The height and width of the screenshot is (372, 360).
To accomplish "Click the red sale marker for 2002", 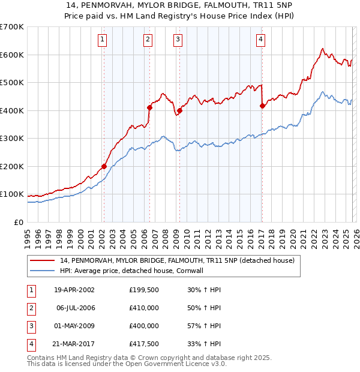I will [x=104, y=166].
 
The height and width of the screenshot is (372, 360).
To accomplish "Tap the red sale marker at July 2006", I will [x=149, y=107].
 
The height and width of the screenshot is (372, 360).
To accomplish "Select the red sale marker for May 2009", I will [x=179, y=110].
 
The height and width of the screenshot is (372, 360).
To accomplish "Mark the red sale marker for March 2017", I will [x=262, y=106].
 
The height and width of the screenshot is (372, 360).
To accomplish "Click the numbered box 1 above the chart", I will [x=103, y=40].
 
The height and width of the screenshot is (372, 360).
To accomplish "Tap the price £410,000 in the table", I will [x=143, y=307].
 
